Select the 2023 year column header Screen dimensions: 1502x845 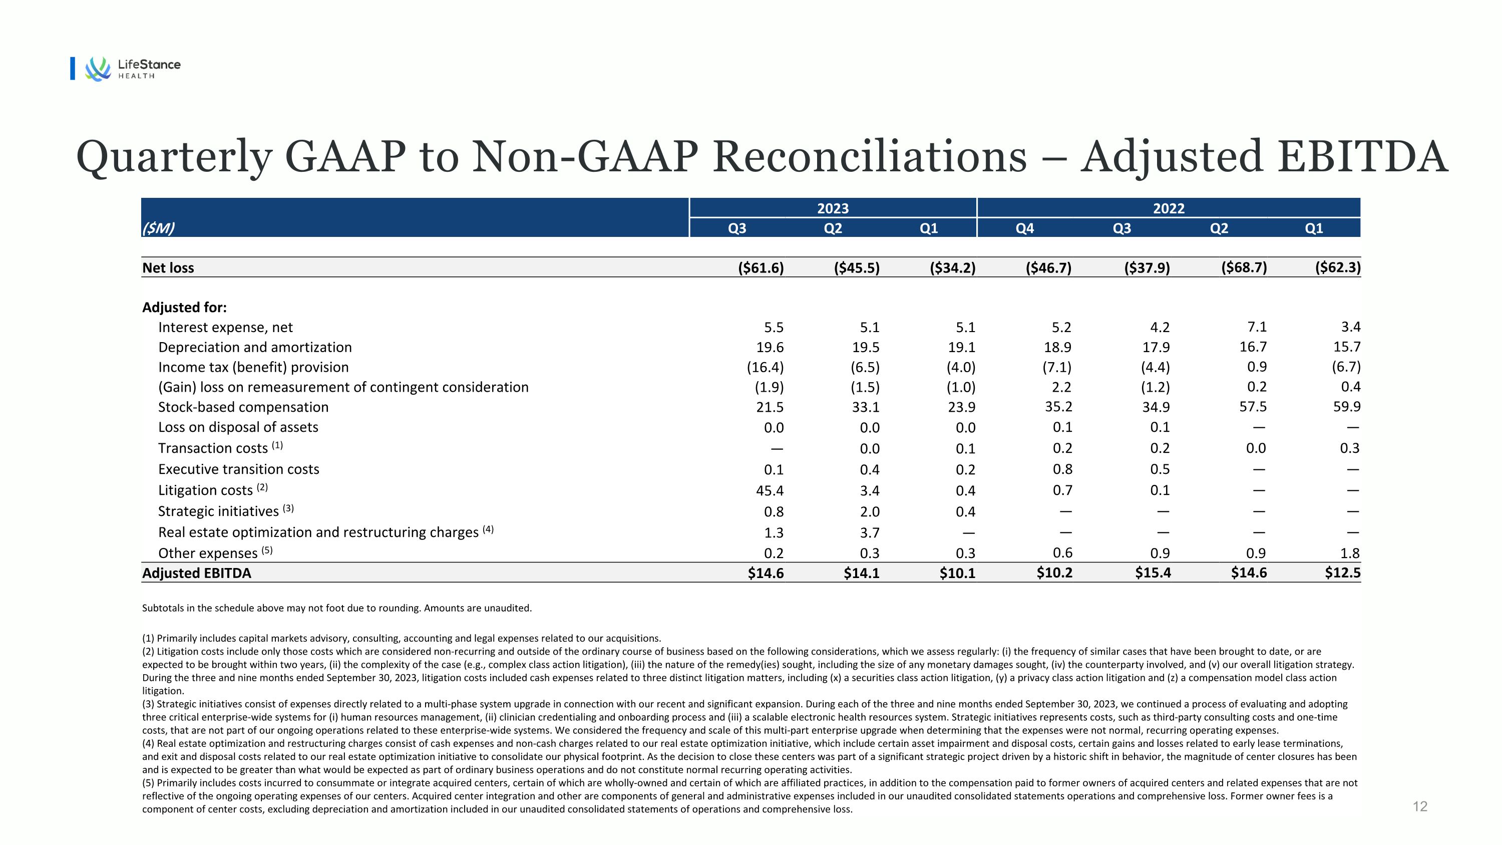(x=833, y=208)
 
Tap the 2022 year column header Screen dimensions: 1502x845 (x=1169, y=208)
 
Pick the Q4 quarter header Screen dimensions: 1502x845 (x=1024, y=228)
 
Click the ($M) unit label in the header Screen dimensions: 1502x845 (x=158, y=228)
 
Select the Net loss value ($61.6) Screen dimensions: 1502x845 (x=761, y=267)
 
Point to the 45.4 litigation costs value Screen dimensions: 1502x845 (x=770, y=490)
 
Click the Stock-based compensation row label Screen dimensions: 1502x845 (x=243, y=407)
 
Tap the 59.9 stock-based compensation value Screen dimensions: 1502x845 (x=1346, y=406)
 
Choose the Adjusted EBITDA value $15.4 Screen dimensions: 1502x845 (x=1153, y=573)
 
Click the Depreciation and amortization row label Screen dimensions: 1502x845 (x=255, y=347)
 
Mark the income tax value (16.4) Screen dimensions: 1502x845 (x=765, y=367)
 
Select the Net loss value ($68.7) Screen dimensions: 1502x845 (x=1244, y=267)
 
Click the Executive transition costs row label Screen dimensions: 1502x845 (x=238, y=469)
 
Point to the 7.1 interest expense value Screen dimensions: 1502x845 (x=1257, y=327)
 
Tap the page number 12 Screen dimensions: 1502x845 (x=1420, y=806)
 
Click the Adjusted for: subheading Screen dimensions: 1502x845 (x=184, y=308)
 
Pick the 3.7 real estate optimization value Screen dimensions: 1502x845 (x=869, y=532)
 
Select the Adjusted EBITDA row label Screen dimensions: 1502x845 (x=196, y=573)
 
